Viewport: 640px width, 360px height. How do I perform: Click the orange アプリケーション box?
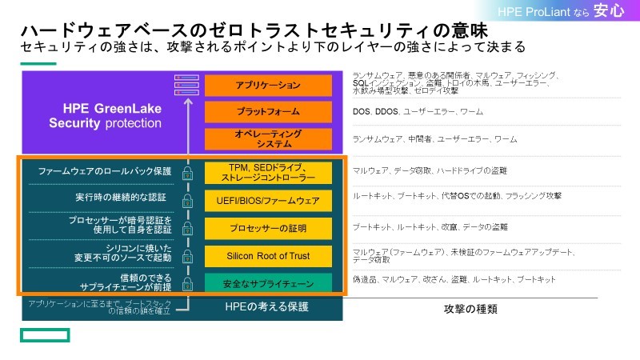click(x=268, y=85)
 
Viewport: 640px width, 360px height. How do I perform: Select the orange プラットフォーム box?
click(x=268, y=112)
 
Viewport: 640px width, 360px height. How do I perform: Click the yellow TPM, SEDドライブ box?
click(x=268, y=172)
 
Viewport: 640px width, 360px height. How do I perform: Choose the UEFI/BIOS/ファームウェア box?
click(x=268, y=200)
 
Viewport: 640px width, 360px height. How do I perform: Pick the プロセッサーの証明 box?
click(x=268, y=228)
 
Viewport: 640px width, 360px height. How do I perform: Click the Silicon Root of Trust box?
click(x=268, y=256)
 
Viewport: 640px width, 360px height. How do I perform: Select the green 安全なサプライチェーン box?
click(x=268, y=283)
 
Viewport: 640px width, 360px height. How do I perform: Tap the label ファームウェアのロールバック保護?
click(x=105, y=171)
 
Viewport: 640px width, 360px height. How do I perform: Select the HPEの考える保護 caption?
click(x=268, y=307)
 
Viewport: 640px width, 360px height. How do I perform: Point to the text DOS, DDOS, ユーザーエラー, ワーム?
click(x=418, y=112)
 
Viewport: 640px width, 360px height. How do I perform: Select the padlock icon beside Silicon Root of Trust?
click(x=188, y=256)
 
